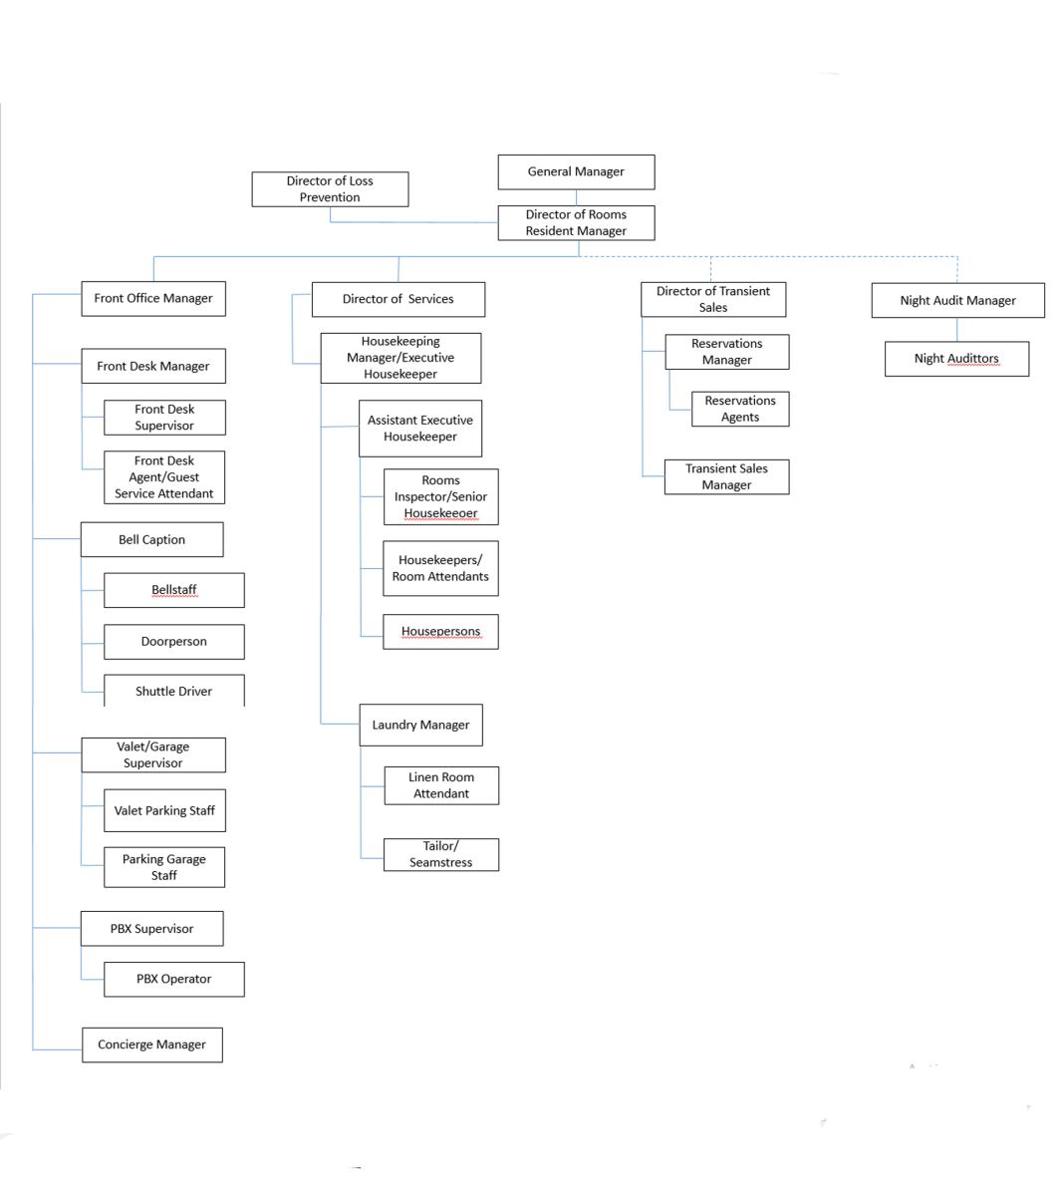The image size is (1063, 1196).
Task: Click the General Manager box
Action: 576,171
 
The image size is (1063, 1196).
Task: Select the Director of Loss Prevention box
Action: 330,189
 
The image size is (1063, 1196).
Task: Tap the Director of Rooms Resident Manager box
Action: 576,222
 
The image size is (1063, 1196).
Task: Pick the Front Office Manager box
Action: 152,298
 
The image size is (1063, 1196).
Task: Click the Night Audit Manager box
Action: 957,300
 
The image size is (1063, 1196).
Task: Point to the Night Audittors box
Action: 956,359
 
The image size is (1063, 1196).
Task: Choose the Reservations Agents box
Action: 739,409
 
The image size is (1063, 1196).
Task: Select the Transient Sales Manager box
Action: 726,476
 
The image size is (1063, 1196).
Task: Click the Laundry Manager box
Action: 420,725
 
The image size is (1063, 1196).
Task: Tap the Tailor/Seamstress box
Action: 440,854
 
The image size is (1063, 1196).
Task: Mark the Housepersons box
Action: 440,632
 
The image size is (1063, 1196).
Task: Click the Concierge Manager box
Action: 151,1045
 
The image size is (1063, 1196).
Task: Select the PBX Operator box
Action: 173,979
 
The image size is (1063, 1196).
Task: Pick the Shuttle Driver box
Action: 173,690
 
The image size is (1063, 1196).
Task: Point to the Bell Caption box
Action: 151,539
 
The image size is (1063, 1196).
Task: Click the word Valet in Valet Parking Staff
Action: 128,810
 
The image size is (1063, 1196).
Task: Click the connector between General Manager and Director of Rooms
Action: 576,197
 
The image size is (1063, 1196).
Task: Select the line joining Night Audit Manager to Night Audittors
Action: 956,330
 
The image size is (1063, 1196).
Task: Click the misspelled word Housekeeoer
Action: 440,513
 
